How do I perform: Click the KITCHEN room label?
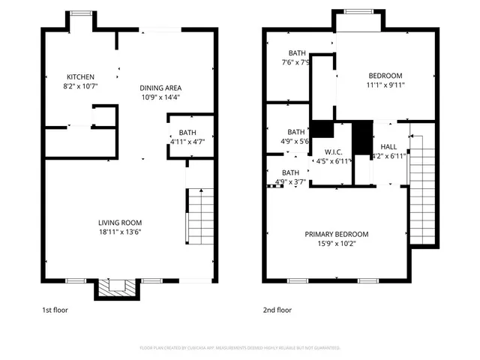(81, 77)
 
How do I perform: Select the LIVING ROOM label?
(120, 223)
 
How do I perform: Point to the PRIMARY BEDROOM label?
(336, 235)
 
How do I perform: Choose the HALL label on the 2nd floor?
(388, 146)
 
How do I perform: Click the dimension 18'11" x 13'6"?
(120, 232)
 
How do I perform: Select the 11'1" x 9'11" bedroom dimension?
(385, 85)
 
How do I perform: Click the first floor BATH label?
(187, 133)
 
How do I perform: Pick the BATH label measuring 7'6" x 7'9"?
(298, 53)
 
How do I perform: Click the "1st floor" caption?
(55, 310)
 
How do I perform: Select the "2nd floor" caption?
(277, 310)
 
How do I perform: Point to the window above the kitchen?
(80, 12)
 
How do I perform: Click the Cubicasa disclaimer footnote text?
(240, 348)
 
